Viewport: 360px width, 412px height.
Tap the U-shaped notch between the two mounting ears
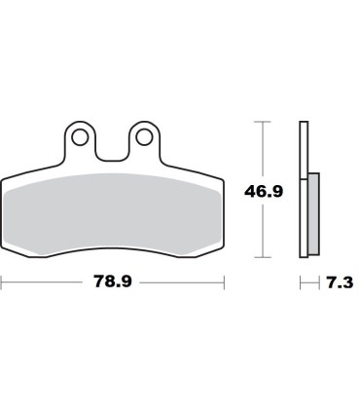point(113,146)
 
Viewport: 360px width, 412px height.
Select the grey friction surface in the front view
point(113,219)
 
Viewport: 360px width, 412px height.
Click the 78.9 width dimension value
point(113,282)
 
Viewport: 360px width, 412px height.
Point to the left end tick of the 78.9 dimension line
point(2,282)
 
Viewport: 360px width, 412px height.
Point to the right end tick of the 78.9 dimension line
point(225,282)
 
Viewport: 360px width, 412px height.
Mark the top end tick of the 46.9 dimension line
point(261,122)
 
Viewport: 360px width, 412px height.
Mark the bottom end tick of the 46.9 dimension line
point(261,258)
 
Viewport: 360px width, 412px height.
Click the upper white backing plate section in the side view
point(304,146)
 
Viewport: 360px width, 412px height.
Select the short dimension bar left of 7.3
point(309,282)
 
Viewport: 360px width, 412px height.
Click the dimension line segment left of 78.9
point(44,282)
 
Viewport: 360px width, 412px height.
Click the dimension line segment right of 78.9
point(185,282)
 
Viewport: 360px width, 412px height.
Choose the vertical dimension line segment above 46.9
point(261,151)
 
